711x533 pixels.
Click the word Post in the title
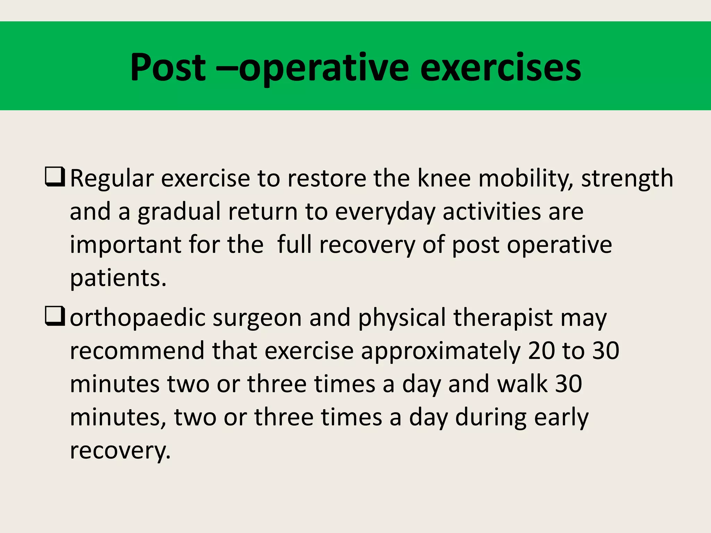pos(168,68)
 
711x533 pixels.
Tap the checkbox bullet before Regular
pos(55,177)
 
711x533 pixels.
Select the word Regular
pos(112,179)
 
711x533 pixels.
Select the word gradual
pos(179,212)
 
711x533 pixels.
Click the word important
pos(126,245)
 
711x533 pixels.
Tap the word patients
pos(118,279)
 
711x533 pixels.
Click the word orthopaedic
pos(138,319)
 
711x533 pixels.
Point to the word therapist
pos(503,319)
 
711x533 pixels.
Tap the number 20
pos(542,351)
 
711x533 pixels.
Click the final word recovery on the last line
pos(120,451)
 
